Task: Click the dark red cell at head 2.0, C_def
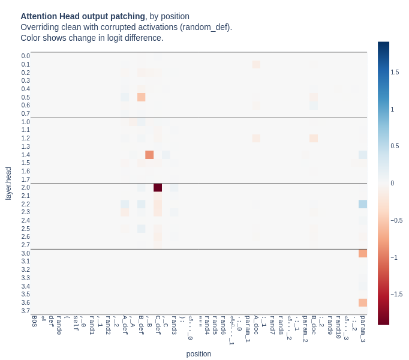(x=158, y=188)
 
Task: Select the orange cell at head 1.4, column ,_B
(x=149, y=155)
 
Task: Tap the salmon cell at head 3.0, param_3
(x=363, y=253)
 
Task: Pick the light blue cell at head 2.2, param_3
(x=363, y=204)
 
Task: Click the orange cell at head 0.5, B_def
(x=142, y=97)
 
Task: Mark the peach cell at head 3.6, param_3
(x=363, y=302)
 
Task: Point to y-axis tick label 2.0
(x=26, y=188)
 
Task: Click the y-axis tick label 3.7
(x=26, y=311)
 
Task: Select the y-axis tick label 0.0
(x=26, y=56)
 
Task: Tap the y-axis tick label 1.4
(x=26, y=155)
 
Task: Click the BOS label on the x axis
(x=34, y=320)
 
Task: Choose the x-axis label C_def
(x=158, y=325)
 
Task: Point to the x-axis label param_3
(x=363, y=328)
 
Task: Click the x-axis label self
(x=76, y=323)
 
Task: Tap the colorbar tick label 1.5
(x=395, y=72)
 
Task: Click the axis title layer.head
(x=8, y=184)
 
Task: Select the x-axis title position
(x=199, y=354)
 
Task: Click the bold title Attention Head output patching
(x=83, y=16)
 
